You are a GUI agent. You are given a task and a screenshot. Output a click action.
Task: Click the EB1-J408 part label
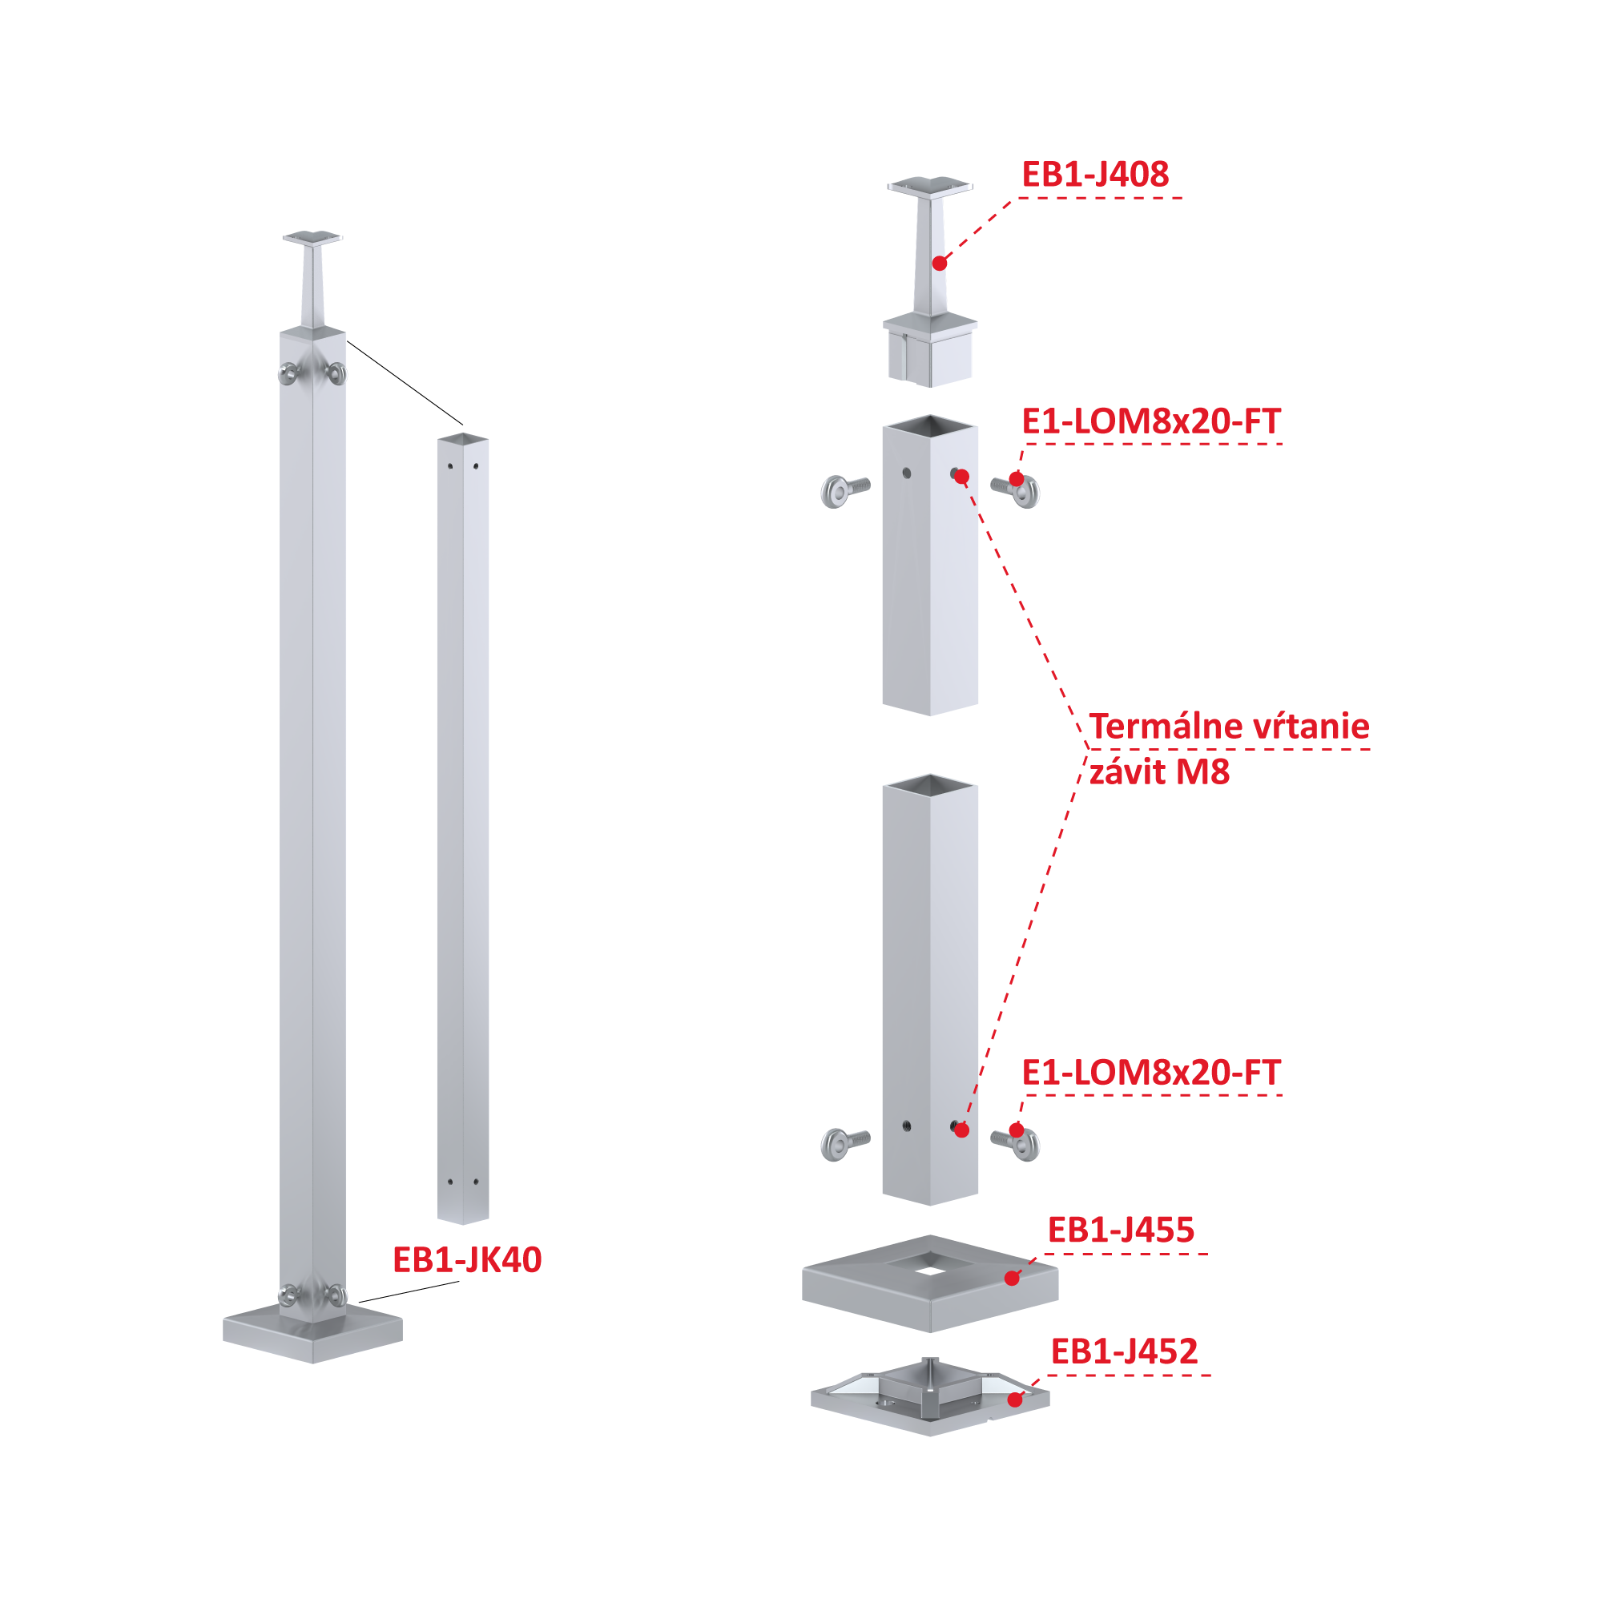[x=1094, y=175]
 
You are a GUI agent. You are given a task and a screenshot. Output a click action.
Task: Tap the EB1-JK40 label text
[x=467, y=1259]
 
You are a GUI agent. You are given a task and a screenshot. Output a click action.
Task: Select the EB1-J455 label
[x=1121, y=1230]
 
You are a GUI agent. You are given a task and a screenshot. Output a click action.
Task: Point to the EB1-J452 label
[x=1124, y=1351]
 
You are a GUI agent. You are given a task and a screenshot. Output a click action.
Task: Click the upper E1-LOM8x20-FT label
[x=1151, y=421]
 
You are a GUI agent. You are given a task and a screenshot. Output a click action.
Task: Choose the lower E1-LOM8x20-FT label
[x=1151, y=1073]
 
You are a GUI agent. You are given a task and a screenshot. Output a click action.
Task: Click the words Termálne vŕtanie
[x=1229, y=726]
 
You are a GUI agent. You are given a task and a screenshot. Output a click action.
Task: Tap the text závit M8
[x=1159, y=771]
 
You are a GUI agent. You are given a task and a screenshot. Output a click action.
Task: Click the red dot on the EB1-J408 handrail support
[x=939, y=263]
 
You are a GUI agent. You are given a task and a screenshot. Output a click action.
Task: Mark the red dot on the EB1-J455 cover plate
[x=1012, y=1279]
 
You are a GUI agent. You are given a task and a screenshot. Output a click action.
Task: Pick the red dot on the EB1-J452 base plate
[x=1015, y=1400]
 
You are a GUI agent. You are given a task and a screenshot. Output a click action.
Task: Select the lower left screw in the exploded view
[x=844, y=1144]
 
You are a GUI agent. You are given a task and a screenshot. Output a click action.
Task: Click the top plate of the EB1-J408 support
[x=930, y=185]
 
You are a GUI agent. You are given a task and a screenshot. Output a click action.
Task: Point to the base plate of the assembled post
[x=312, y=1331]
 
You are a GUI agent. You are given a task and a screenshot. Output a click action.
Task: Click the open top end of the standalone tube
[x=463, y=438]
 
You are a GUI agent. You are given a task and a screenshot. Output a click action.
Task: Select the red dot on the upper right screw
[x=1017, y=479]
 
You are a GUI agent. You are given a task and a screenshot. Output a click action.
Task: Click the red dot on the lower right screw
[x=1017, y=1130]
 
